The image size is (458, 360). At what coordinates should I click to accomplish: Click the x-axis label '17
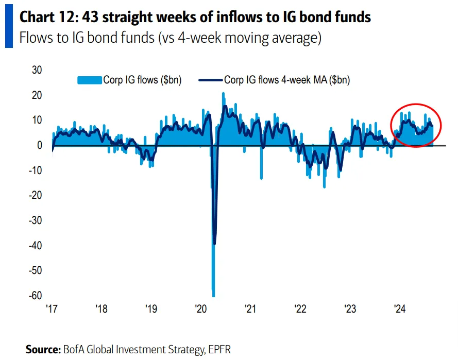point(52,309)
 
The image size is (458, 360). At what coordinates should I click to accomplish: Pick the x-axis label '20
point(201,309)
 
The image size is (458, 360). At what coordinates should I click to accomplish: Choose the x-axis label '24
point(400,309)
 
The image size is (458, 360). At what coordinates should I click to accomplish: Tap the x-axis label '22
point(300,309)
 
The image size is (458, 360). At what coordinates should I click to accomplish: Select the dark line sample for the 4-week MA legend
point(212,80)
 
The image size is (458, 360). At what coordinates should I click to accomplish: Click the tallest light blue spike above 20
point(223,94)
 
